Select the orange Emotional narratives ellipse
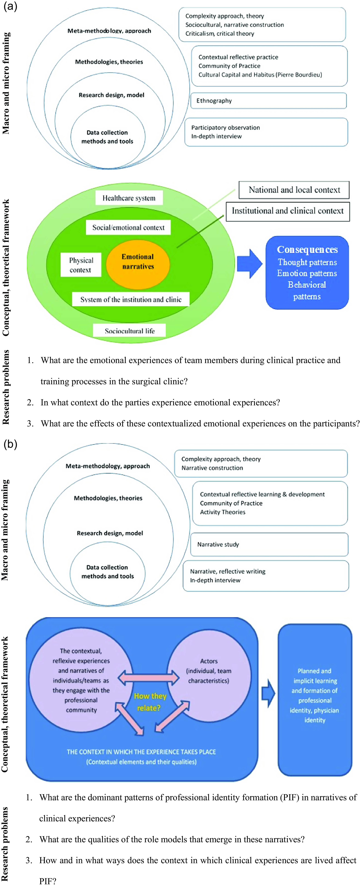coord(138,264)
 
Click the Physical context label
coord(81,265)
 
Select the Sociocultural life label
coord(129,331)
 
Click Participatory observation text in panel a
coord(225,127)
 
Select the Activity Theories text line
coord(223,512)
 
